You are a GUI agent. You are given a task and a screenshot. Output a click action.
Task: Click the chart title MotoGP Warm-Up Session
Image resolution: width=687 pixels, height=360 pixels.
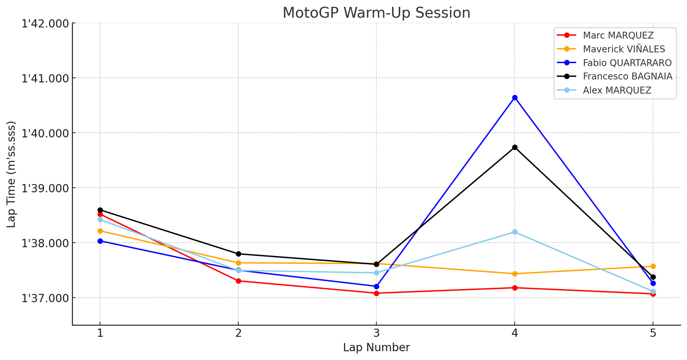(376, 13)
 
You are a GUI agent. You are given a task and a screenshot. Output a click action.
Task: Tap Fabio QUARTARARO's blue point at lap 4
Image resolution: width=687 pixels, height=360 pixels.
(514, 98)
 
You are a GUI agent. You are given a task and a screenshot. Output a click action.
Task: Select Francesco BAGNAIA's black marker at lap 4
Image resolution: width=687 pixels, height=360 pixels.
(514, 147)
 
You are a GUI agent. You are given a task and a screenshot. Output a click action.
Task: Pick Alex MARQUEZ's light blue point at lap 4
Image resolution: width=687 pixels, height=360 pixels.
(514, 232)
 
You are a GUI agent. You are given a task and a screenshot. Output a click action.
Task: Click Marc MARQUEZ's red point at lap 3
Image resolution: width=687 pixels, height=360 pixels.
(376, 293)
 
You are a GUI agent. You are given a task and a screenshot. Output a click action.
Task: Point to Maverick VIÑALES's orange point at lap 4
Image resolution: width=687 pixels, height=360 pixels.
(514, 274)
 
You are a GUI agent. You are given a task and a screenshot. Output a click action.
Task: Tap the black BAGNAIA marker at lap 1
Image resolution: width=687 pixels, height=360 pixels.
(100, 210)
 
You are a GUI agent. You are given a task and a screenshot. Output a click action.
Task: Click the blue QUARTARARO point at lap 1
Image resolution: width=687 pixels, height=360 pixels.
(100, 241)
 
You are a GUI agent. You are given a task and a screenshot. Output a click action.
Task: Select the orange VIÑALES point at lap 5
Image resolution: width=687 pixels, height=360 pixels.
(653, 266)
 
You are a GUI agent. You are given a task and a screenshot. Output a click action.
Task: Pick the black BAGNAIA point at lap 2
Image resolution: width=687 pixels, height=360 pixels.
(238, 254)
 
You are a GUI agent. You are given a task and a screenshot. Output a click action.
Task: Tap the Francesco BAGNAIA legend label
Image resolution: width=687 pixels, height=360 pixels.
(627, 76)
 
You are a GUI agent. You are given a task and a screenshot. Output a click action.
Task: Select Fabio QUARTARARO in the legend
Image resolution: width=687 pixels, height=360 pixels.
(627, 63)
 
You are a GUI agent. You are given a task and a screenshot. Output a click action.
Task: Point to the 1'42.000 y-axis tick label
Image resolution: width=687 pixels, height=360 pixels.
(45, 23)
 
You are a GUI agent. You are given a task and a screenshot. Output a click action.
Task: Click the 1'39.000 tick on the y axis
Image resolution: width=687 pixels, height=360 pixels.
(45, 188)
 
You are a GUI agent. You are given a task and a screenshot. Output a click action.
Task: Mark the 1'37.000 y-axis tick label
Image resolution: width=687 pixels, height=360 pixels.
(45, 298)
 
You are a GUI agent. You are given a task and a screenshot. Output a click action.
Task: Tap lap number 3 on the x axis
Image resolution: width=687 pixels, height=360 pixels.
(376, 333)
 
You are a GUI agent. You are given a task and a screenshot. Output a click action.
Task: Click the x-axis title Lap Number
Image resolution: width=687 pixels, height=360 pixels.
(376, 348)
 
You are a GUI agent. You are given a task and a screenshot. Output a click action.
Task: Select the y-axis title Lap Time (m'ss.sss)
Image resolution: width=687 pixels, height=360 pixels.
(11, 174)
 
